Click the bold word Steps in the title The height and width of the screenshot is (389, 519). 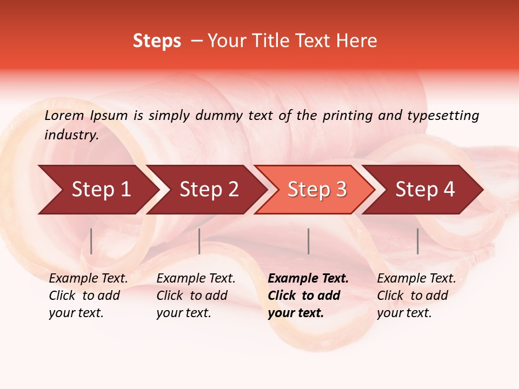coord(157,41)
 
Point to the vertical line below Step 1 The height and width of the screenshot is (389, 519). coord(91,241)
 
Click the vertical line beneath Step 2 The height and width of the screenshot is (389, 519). coord(199,241)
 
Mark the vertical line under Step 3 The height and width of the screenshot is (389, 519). coord(308,241)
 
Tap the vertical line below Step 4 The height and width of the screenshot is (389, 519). coord(417,241)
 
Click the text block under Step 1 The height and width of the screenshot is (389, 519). coord(88,296)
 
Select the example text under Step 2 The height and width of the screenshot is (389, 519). coord(196,296)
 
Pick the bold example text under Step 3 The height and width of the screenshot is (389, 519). coord(308,296)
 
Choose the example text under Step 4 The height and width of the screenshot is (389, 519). coord(416,296)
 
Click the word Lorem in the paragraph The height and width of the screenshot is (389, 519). coord(64,115)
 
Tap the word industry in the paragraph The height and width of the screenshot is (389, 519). coord(70,135)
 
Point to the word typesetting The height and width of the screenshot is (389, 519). coord(443,115)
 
